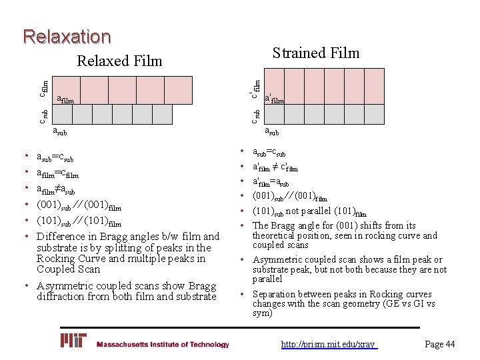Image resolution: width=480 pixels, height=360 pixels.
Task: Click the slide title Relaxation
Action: (x=67, y=36)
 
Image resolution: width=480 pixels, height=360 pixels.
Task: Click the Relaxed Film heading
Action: (x=120, y=61)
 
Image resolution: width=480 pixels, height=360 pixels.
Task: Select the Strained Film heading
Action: (x=316, y=53)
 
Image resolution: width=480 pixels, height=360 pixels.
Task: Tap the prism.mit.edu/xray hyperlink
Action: (x=329, y=344)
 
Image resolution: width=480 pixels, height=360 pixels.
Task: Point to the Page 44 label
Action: (x=440, y=344)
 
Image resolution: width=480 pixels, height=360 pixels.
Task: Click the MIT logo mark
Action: (x=73, y=341)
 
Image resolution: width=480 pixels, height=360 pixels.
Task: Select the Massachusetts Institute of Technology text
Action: (x=163, y=345)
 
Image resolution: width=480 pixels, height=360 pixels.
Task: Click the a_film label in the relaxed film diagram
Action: (x=65, y=99)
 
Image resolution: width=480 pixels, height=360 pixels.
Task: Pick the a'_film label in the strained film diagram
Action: (x=275, y=99)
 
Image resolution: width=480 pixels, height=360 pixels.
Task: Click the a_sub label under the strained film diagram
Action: (x=272, y=131)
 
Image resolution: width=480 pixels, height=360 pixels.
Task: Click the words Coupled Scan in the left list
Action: (x=68, y=269)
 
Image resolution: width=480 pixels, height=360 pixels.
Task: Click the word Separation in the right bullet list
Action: (x=275, y=294)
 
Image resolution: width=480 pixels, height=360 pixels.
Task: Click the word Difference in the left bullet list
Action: (x=62, y=236)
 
